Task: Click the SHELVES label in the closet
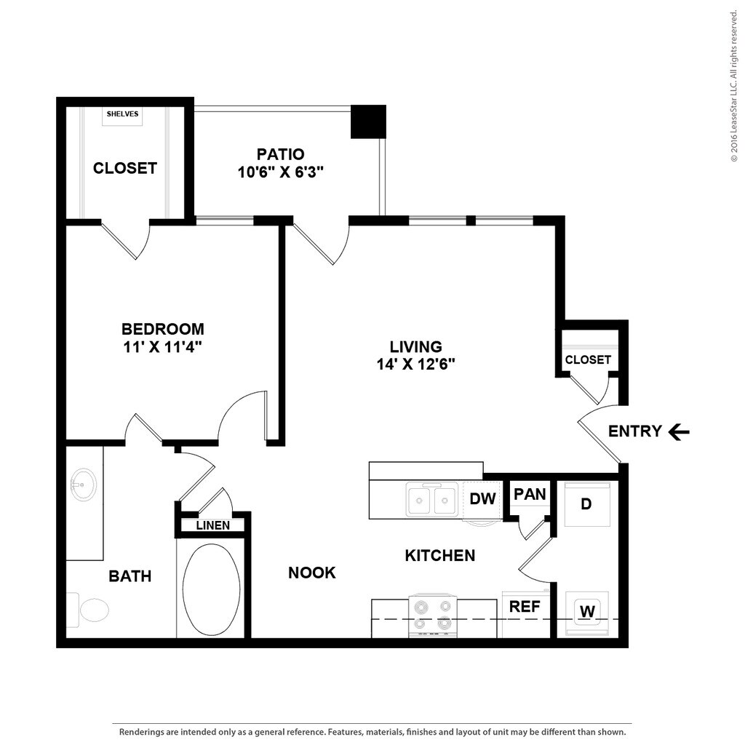coord(122,114)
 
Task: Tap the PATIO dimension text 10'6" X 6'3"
coord(280,172)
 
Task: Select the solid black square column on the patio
coord(368,121)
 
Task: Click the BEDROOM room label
coord(162,328)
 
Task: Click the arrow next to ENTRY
coord(679,432)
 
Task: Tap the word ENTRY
coord(634,431)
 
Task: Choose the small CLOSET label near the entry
coord(588,359)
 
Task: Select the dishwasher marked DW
coord(482,499)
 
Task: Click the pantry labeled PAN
coord(530,495)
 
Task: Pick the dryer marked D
coord(587,503)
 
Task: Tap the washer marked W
coord(587,612)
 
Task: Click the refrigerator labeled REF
coord(525,607)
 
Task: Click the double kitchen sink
coord(432,500)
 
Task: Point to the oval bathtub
coord(211,589)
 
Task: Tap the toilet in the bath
coord(89,610)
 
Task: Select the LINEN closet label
coord(212,525)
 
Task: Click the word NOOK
coord(312,573)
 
